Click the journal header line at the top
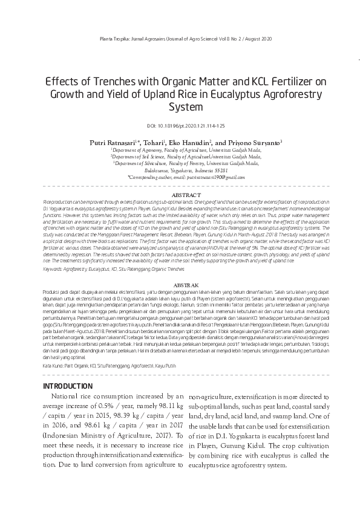pyautogui.click(x=180, y=38)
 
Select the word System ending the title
pyautogui.click(x=180, y=108)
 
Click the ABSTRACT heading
pyautogui.click(x=180, y=195)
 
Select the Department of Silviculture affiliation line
pyautogui.click(x=182, y=163)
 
